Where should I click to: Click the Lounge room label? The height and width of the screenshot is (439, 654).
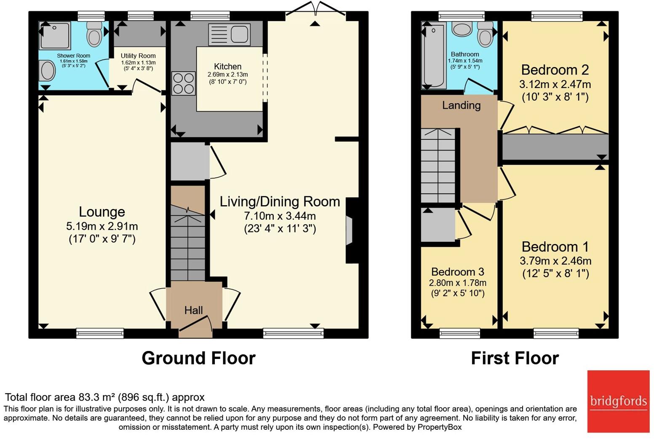click(102, 212)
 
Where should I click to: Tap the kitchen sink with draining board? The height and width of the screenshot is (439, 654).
click(229, 34)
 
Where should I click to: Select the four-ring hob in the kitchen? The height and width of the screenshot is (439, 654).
click(183, 83)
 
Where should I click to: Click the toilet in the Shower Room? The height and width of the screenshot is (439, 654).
click(94, 34)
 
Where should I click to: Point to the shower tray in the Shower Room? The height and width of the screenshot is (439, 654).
click(55, 35)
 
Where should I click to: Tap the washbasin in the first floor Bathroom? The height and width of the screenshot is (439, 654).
click(462, 29)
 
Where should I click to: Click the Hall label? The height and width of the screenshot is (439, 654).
click(193, 311)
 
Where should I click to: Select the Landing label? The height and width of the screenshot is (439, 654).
click(461, 105)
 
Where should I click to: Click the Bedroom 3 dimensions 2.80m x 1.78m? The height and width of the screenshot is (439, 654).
click(457, 283)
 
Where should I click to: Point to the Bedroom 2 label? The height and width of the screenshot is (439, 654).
click(555, 70)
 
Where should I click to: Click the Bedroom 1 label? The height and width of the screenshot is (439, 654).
click(555, 246)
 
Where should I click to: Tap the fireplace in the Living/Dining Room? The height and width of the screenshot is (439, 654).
click(349, 230)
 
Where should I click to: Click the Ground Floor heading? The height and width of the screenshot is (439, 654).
click(198, 358)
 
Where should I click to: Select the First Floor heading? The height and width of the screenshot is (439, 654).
click(515, 358)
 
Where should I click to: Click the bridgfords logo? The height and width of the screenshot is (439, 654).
click(618, 401)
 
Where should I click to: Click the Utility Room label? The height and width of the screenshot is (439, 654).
click(138, 56)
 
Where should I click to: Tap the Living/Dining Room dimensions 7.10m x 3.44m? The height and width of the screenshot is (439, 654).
click(280, 216)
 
